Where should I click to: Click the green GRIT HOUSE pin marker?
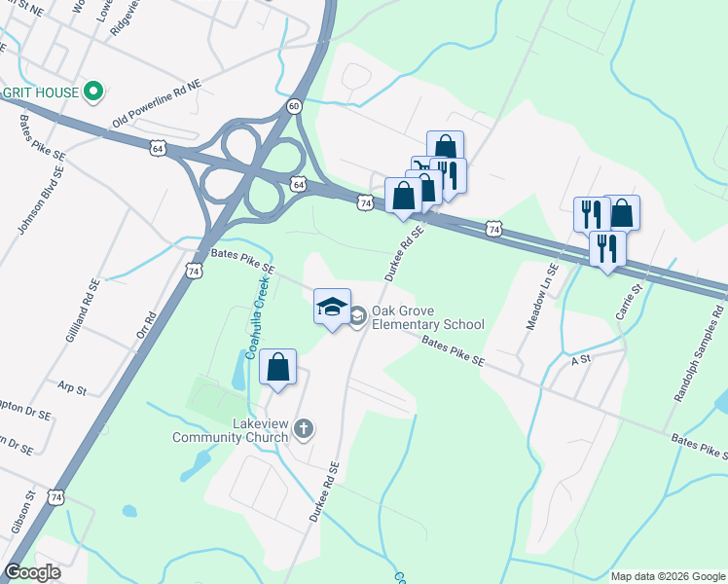(93, 92)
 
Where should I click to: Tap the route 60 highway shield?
(294, 105)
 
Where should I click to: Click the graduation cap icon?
(332, 307)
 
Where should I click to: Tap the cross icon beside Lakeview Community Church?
(304, 428)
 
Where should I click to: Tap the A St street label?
(582, 359)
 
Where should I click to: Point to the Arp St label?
(72, 388)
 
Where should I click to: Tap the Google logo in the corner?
(32, 572)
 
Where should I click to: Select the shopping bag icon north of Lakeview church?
(278, 368)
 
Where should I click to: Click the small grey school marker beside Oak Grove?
(357, 313)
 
